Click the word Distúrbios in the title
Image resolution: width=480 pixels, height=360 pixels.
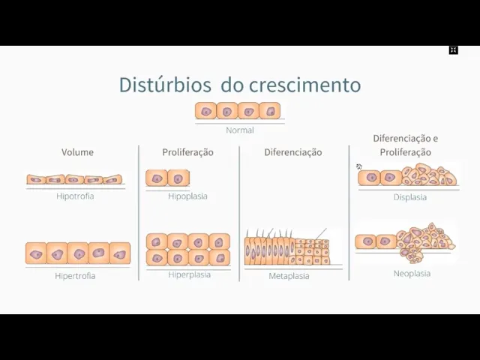(x=166, y=85)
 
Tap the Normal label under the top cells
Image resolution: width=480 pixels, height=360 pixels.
(x=240, y=130)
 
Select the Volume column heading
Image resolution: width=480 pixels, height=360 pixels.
(x=77, y=152)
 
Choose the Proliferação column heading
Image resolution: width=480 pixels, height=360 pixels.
(x=187, y=152)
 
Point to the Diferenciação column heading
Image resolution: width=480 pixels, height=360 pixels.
(x=292, y=152)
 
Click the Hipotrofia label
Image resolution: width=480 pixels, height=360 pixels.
(x=75, y=196)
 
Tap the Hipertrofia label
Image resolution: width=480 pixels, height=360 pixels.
(x=75, y=276)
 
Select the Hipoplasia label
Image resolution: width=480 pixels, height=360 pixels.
(x=187, y=196)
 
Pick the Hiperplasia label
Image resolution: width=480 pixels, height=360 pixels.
(x=189, y=274)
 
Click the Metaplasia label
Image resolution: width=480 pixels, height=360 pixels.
(x=289, y=276)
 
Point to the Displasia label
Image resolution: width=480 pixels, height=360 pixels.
(x=409, y=197)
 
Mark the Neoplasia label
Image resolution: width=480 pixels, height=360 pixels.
(x=412, y=274)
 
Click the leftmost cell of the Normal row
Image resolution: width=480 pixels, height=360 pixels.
(x=206, y=111)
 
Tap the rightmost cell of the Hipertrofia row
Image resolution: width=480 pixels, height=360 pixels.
(x=119, y=253)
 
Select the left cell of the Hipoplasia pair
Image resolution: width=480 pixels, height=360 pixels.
(x=157, y=178)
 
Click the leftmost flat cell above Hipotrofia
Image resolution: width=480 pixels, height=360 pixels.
(x=36, y=179)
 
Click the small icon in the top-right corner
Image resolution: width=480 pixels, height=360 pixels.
(x=453, y=50)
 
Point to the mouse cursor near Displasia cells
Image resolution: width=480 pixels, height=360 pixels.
(x=359, y=166)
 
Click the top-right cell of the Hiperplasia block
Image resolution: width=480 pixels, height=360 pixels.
(x=219, y=241)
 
